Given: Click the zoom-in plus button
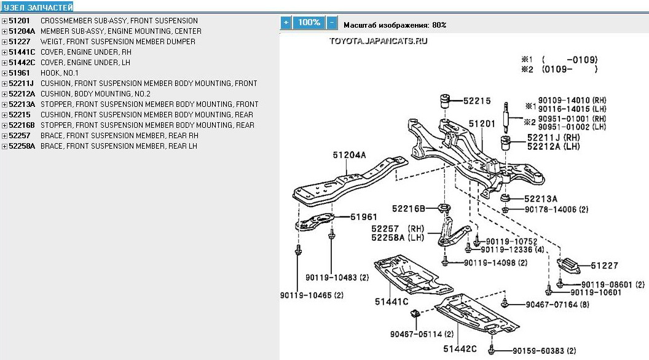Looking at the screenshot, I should coord(285,23).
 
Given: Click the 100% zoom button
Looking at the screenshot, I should coord(309,23).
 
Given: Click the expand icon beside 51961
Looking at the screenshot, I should coord(4,72).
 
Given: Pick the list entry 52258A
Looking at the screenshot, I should coord(22,146).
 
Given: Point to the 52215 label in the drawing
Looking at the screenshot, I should coord(476,101).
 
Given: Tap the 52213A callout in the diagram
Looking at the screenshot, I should coord(541,198).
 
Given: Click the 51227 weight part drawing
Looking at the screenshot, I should coord(571,267).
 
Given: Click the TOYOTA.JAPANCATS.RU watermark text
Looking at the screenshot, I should coord(378,41).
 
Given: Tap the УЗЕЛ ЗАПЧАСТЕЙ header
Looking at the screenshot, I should coord(37,7).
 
